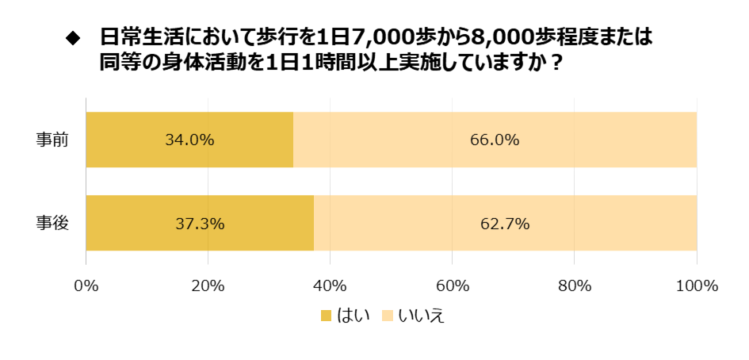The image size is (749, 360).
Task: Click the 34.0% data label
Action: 189,140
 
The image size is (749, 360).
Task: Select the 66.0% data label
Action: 495,140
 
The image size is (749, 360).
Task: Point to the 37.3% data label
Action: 200,224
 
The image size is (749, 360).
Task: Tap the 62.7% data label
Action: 505,224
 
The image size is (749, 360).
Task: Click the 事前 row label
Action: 52,140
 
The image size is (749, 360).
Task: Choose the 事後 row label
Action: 52,224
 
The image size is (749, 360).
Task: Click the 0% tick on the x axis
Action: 86,285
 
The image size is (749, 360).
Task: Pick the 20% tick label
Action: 208,285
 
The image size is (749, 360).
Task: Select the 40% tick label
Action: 330,285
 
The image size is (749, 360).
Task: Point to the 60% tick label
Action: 452,285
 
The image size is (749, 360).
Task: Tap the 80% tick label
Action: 574,285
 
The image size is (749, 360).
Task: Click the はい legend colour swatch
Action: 326,316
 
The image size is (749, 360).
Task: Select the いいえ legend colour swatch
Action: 388,316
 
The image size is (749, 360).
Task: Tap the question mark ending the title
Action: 556,62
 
